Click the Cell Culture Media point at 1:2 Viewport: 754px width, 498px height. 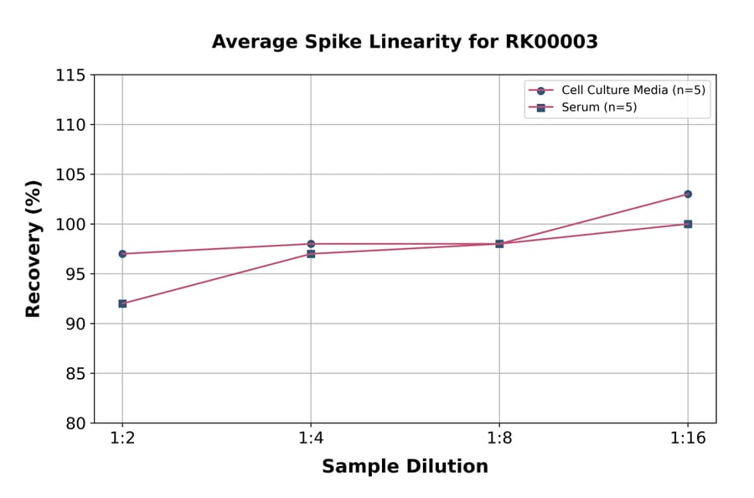[x=122, y=253]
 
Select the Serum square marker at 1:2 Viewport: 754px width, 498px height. [x=122, y=303]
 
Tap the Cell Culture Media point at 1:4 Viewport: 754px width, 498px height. [x=311, y=244]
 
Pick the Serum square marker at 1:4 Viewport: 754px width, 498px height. [x=311, y=253]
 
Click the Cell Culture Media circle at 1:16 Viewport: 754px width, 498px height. [x=688, y=194]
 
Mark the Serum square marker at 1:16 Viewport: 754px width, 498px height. [x=688, y=224]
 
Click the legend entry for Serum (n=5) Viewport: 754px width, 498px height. [x=595, y=107]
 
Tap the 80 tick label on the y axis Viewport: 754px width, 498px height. [x=75, y=423]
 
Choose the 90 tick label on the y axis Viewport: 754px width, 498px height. [x=75, y=324]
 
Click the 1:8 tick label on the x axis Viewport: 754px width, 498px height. [x=499, y=439]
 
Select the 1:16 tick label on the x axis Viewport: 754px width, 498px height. [x=688, y=439]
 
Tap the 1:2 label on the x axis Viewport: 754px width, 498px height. [x=122, y=439]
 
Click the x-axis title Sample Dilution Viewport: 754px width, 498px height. [x=405, y=467]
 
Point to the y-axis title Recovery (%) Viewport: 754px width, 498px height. [x=34, y=248]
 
